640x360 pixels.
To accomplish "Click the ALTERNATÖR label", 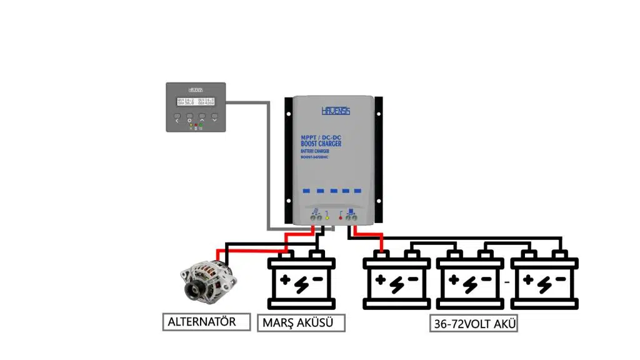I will pyautogui.click(x=202, y=322).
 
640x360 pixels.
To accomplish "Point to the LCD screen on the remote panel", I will pyautogui.click(x=196, y=101).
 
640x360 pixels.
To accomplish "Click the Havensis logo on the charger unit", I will pyautogui.click(x=336, y=111).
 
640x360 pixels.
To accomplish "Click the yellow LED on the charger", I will pyautogui.click(x=327, y=218).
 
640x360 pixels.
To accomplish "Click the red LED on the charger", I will pyautogui.click(x=340, y=218).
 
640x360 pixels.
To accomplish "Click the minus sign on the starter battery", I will pyautogui.click(x=317, y=279).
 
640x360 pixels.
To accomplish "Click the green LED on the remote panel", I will pyautogui.click(x=201, y=124).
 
